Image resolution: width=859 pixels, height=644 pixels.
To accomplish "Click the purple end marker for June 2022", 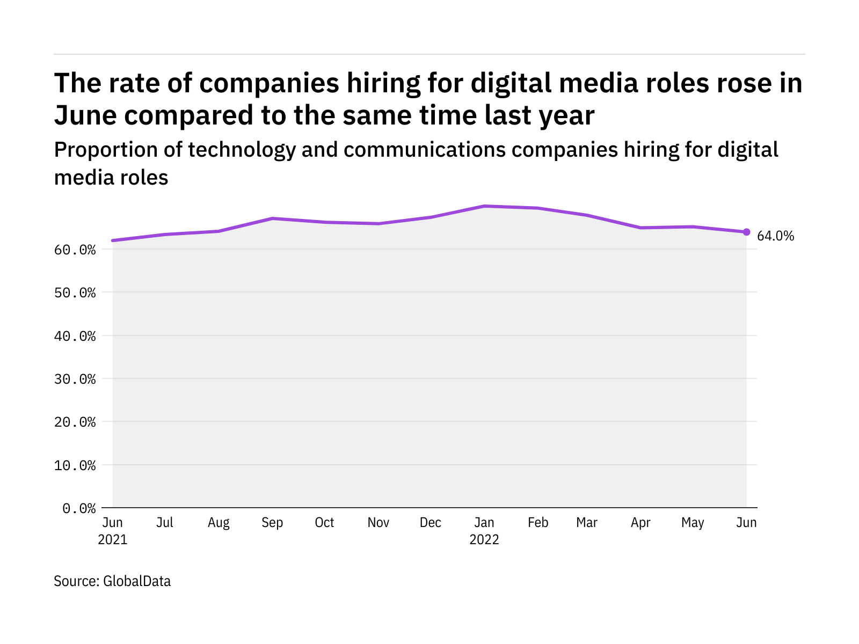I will coord(746,232).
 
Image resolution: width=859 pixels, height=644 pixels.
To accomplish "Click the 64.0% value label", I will coord(775,236).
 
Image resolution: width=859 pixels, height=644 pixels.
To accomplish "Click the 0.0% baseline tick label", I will coord(79,508).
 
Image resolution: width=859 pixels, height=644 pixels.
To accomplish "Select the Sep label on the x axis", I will coord(272,523).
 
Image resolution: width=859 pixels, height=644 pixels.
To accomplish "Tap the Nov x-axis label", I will coord(378,523).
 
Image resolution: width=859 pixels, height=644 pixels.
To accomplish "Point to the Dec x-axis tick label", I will coord(431,523).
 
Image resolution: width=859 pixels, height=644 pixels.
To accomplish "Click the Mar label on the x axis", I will coord(587,523).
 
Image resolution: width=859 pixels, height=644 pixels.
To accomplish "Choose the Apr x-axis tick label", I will coord(640,523).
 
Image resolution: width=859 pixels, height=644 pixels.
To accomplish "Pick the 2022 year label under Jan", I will coord(484,540).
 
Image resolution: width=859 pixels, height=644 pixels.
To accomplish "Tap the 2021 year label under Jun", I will coord(113,540).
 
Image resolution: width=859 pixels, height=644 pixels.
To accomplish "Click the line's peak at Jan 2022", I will coord(484,206).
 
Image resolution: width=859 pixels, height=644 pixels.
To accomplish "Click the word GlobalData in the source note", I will coord(137,581).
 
